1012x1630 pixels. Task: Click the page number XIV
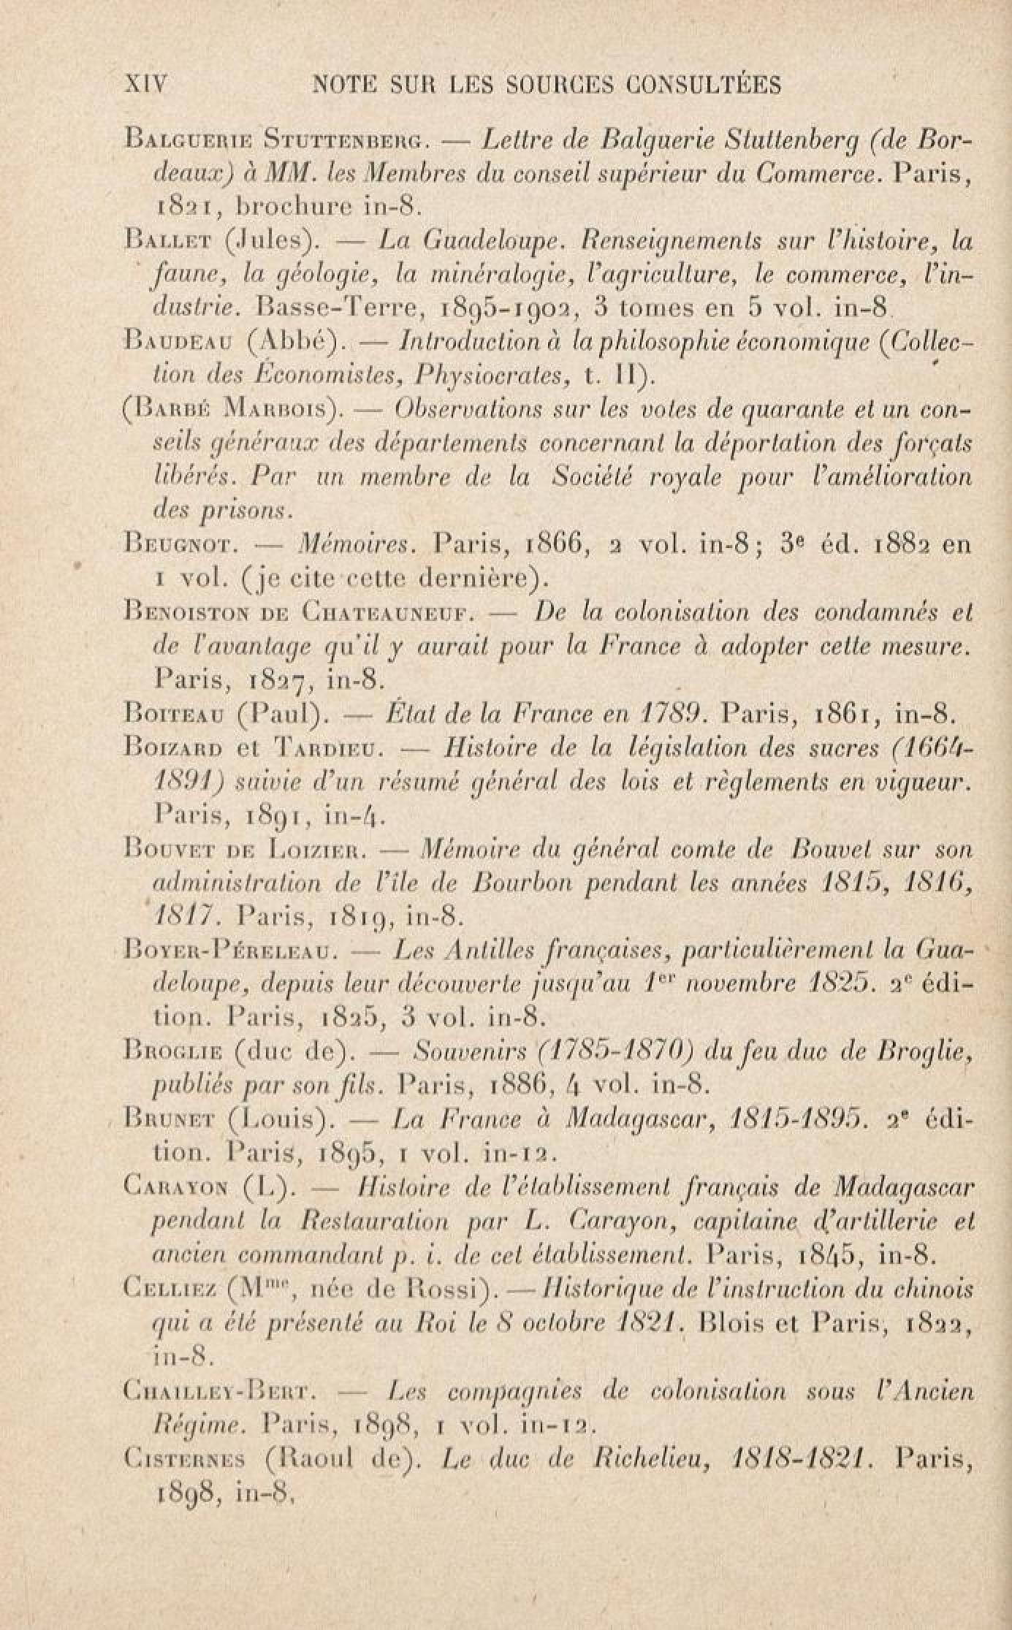pyautogui.click(x=147, y=84)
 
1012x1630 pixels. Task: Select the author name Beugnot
pyautogui.click(x=173, y=544)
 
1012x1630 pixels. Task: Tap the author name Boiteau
pyautogui.click(x=172, y=711)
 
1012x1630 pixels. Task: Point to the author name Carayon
pyautogui.click(x=175, y=1187)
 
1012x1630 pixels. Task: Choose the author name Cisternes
pyautogui.click(x=188, y=1458)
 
